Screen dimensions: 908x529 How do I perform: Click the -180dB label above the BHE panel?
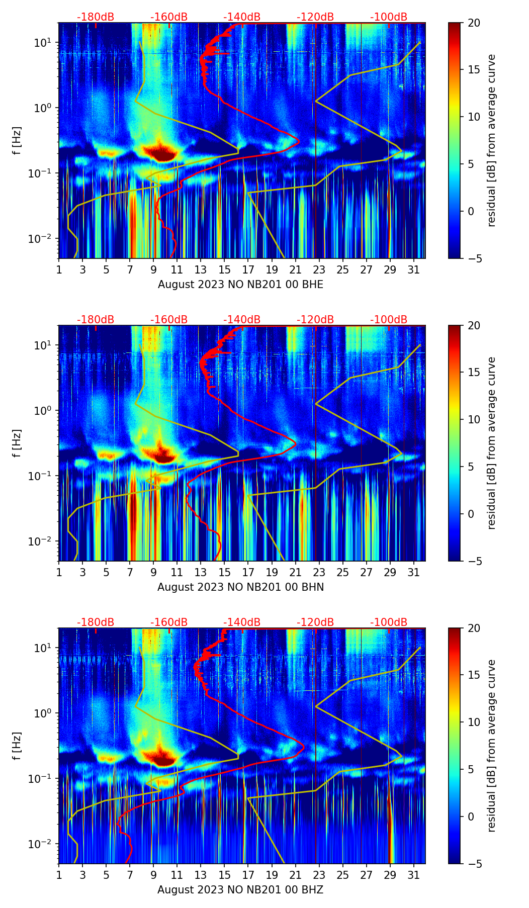[96, 17]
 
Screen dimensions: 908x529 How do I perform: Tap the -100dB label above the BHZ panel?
[389, 622]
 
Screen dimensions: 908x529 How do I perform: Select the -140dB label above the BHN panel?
[242, 320]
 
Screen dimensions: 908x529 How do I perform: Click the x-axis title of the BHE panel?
[240, 285]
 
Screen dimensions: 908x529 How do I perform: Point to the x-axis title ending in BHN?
[240, 587]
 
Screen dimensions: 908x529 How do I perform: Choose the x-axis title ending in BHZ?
[240, 890]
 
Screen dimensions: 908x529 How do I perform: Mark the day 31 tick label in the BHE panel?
[414, 269]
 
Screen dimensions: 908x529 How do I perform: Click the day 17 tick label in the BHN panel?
[248, 572]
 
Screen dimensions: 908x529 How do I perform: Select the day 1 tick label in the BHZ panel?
[59, 875]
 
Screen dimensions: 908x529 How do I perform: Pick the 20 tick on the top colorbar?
[474, 23]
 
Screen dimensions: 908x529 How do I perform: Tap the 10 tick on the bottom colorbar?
[474, 722]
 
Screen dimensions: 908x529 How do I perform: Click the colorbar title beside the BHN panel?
[491, 443]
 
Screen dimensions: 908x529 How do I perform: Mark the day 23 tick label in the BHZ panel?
[319, 875]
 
